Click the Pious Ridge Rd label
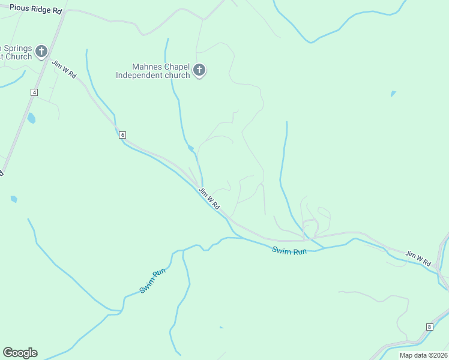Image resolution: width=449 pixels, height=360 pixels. (x=35, y=11)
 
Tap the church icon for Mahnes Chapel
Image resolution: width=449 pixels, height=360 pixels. (x=200, y=71)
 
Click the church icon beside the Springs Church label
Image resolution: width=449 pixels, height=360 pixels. (x=41, y=52)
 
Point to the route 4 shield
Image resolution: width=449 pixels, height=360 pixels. (x=34, y=92)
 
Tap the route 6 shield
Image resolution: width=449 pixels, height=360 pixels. (x=122, y=135)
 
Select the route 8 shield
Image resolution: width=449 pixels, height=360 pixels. (x=429, y=327)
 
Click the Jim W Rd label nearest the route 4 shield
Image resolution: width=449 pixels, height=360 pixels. (x=64, y=70)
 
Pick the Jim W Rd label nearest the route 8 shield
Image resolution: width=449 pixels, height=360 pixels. (x=418, y=259)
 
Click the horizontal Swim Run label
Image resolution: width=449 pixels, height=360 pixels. (x=289, y=251)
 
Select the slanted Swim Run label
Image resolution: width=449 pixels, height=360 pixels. (x=152, y=281)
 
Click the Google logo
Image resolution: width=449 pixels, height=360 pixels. (x=20, y=353)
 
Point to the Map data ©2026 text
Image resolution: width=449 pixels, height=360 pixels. (x=423, y=355)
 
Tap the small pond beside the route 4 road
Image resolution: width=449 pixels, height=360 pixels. (x=31, y=118)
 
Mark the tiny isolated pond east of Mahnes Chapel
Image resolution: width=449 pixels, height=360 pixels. (x=393, y=94)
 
